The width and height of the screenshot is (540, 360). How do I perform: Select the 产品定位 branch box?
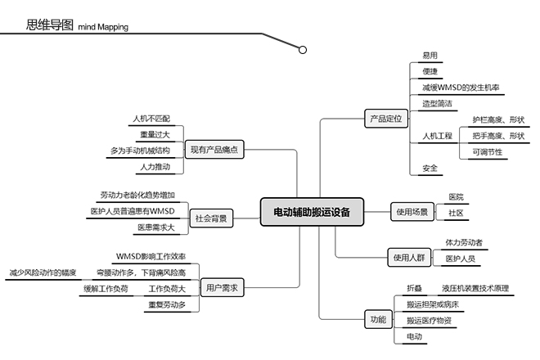(385, 119)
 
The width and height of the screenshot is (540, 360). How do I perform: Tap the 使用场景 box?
(412, 213)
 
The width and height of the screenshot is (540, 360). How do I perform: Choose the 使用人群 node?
(409, 258)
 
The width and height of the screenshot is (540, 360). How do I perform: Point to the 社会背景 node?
(211, 218)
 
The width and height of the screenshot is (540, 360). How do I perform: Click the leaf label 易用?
(430, 56)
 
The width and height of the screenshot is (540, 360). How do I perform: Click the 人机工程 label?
(437, 136)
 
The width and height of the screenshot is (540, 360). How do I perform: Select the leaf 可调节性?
(487, 151)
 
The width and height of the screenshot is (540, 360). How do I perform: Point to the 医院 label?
(456, 197)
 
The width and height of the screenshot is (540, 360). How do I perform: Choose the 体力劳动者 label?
(464, 243)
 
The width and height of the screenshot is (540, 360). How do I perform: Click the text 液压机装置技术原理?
(475, 289)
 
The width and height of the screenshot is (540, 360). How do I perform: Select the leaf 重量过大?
(155, 135)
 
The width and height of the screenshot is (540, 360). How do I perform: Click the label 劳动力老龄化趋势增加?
(137, 196)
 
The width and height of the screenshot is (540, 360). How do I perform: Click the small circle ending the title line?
(303, 50)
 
